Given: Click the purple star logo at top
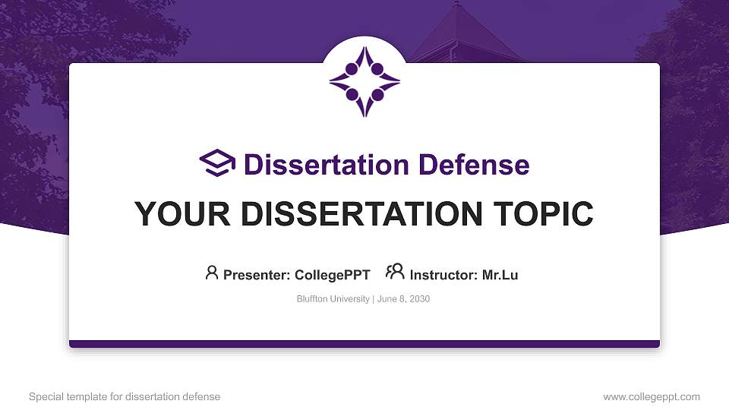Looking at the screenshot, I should click(364, 81).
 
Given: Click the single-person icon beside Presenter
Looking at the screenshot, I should click(212, 273).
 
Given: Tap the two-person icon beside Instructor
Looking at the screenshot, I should click(395, 273).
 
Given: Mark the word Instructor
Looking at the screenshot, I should click(443, 275).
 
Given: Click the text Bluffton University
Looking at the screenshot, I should click(333, 299).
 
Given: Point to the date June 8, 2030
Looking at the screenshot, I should click(403, 299).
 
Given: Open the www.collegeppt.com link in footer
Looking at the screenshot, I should click(652, 396).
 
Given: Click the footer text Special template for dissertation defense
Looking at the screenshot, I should click(125, 396).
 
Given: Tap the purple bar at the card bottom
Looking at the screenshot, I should click(364, 344).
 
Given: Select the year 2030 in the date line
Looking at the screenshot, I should click(419, 299).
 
